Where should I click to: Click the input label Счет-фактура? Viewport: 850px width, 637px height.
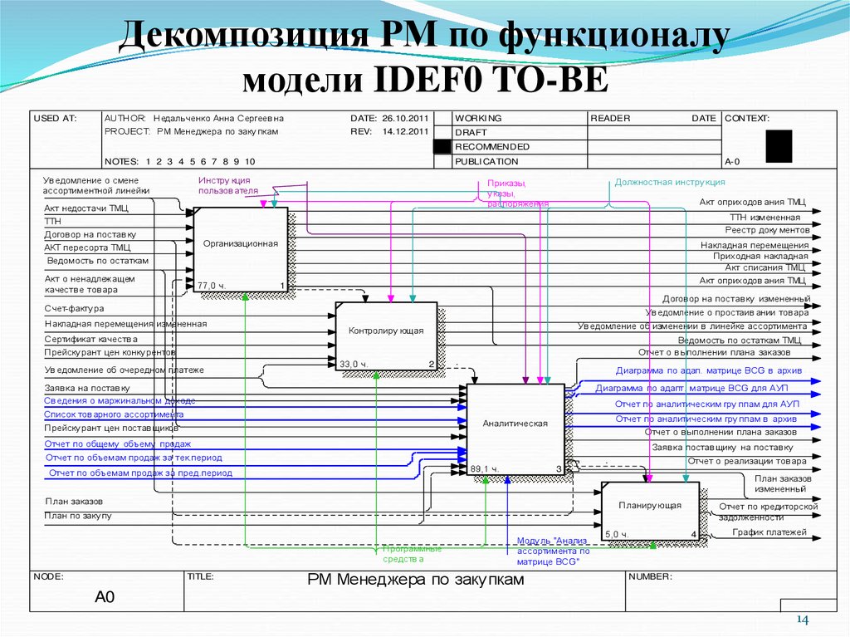pos(69,309)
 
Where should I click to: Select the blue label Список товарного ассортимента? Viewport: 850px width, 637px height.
pos(114,414)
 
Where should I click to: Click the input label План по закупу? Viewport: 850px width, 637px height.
pos(78,516)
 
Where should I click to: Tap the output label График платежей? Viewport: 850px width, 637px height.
pos(769,532)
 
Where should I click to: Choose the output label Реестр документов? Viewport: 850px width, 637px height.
pos(767,229)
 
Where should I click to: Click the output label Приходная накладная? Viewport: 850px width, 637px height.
pos(760,257)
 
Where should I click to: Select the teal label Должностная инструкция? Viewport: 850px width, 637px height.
pos(670,182)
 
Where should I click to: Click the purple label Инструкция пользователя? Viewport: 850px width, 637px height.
pos(224,185)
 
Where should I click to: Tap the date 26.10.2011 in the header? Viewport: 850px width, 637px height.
pos(405,119)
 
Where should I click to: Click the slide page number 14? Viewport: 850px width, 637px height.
pos(803,620)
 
